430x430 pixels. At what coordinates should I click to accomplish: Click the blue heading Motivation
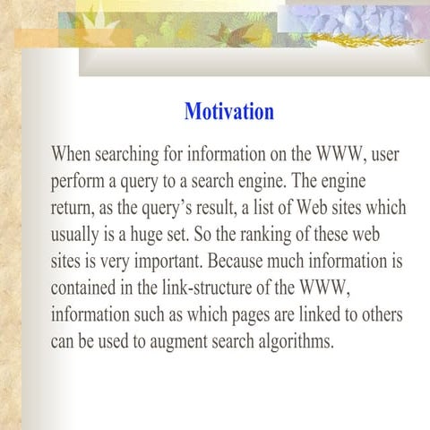(228, 112)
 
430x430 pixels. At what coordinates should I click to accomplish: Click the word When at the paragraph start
(73, 153)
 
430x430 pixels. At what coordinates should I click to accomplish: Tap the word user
(384, 153)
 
